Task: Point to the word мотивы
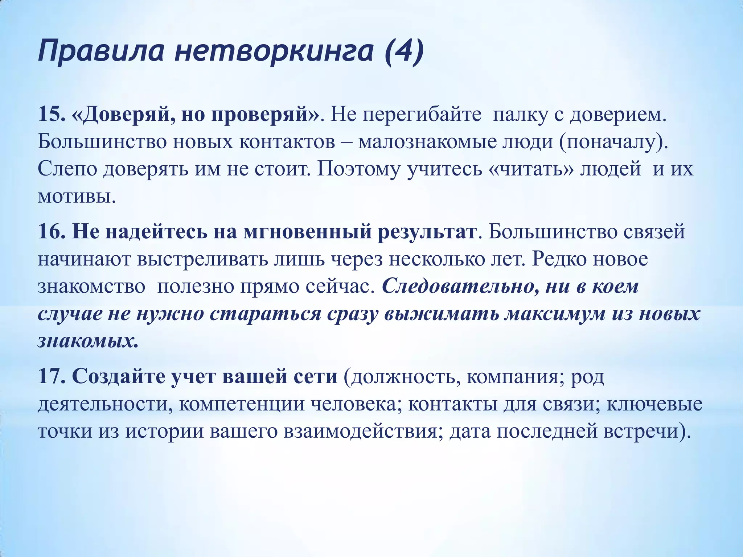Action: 77,196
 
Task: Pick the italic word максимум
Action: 552,314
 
